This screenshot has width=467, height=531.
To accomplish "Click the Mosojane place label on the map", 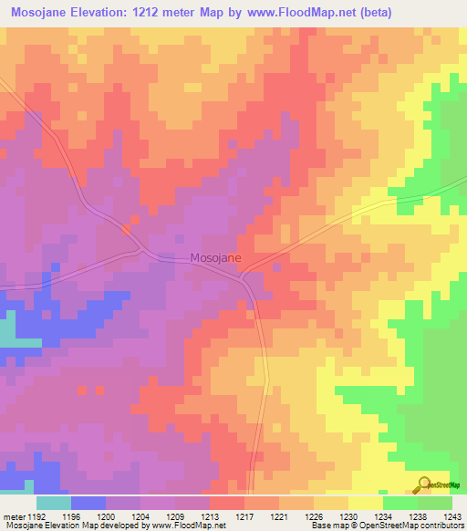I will [216, 258].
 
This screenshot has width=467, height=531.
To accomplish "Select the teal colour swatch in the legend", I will [54, 503].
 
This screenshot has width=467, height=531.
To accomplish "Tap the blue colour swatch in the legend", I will [88, 503].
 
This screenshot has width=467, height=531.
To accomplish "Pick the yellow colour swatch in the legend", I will [366, 503].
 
